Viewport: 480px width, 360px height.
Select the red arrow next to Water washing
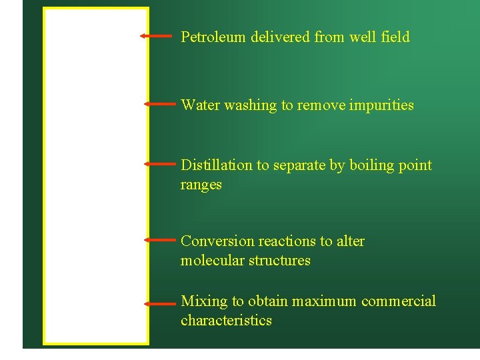pyautogui.click(x=158, y=104)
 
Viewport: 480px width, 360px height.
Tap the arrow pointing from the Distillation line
pyautogui.click(x=160, y=163)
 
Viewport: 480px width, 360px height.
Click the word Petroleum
pyautogui.click(x=213, y=37)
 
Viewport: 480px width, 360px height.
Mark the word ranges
pyautogui.click(x=201, y=185)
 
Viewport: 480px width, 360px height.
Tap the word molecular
pyautogui.click(x=212, y=261)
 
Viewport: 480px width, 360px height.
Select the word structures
pyautogui.click(x=279, y=261)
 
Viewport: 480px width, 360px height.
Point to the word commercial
pyautogui.click(x=399, y=301)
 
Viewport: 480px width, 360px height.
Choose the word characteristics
pyautogui.click(x=226, y=321)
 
